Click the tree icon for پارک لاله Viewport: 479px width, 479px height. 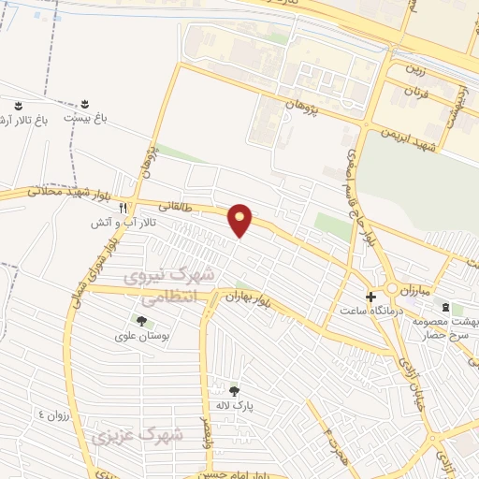pos(234,391)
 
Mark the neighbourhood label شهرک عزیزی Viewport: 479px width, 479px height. pos(138,435)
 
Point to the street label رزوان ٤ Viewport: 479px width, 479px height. pos(54,413)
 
